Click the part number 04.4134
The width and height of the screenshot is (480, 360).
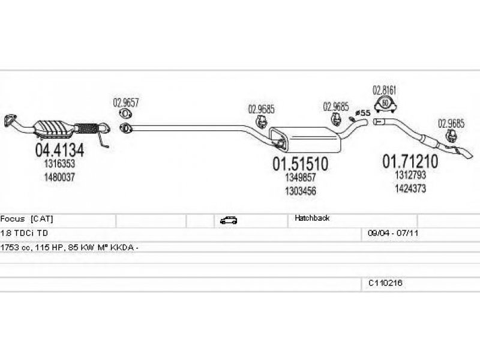point(59,150)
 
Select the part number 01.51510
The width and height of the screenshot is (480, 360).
point(301,164)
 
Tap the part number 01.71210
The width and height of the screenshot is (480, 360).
point(410,161)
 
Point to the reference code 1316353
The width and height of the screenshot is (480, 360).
point(59,164)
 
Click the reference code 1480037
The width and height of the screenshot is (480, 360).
point(59,177)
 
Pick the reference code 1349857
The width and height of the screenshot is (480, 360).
point(301,177)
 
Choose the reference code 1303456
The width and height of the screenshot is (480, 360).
point(301,191)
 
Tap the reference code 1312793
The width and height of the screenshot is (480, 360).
point(410,175)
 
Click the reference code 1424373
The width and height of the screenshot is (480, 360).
point(410,188)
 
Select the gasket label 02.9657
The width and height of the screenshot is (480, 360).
point(126,103)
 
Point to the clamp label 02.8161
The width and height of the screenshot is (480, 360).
point(384,91)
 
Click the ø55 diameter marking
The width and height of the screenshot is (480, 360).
point(364,113)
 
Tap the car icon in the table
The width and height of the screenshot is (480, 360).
point(229,220)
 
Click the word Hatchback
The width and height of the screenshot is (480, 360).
point(312,218)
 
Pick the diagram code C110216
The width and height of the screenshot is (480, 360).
point(385,283)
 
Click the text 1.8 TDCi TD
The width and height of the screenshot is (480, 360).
point(24,233)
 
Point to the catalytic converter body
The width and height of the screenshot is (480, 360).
point(53,128)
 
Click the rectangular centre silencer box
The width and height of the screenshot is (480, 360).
point(305,140)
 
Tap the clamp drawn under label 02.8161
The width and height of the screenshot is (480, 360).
point(385,104)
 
